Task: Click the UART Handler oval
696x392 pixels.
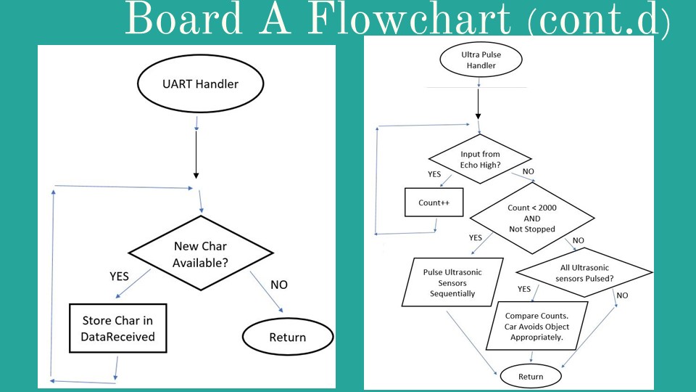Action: (x=200, y=83)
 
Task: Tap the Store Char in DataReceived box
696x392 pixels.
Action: (x=117, y=328)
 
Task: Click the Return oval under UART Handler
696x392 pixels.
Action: (x=287, y=337)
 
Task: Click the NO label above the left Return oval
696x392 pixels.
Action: (x=278, y=285)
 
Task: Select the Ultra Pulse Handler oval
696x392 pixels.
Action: (x=478, y=60)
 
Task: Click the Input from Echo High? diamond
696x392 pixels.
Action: (x=479, y=160)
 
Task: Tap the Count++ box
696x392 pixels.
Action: (x=434, y=203)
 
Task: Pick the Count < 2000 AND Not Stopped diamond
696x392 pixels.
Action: (x=532, y=218)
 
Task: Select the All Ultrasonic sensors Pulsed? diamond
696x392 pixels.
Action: (x=584, y=272)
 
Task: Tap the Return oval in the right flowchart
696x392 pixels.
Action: (x=531, y=377)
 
